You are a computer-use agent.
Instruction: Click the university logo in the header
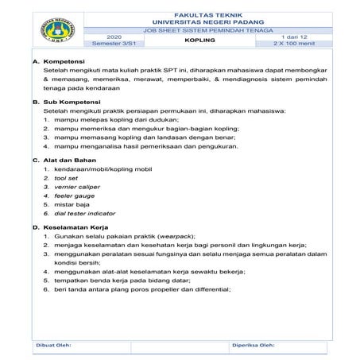tap(53, 30)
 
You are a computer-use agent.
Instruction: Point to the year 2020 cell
tap(114, 36)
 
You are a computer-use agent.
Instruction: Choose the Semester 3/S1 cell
tap(114, 43)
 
